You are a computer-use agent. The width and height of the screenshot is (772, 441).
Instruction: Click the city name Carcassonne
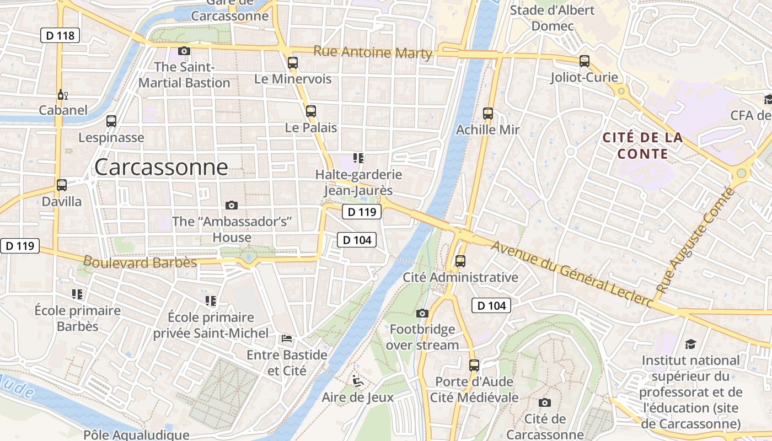click(161, 167)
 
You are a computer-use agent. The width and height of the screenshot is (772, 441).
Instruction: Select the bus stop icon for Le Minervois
click(293, 63)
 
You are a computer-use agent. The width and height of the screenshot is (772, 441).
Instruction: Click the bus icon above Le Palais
click(311, 111)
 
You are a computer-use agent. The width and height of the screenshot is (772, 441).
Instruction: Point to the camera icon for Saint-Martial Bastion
click(184, 51)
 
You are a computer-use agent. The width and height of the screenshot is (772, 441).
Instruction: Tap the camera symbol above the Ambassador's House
click(232, 206)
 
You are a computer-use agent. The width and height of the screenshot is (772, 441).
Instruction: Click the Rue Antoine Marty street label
click(373, 52)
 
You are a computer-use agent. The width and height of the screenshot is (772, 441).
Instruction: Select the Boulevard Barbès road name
click(140, 261)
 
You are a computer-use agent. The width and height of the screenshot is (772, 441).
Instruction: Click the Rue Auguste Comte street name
click(696, 240)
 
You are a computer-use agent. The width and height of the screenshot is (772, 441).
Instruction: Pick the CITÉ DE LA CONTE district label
click(643, 146)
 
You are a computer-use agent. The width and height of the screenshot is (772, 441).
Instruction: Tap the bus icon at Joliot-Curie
click(585, 61)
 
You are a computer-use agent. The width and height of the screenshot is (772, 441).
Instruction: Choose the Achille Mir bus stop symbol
click(488, 114)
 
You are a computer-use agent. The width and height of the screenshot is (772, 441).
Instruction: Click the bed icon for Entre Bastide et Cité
click(287, 338)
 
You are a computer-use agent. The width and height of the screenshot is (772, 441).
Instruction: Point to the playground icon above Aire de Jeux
click(358, 380)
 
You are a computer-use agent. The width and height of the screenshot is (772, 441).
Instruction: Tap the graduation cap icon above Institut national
click(691, 345)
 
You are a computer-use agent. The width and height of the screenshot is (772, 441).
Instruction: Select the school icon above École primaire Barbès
click(77, 294)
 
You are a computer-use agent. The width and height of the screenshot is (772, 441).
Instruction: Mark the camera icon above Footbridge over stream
click(422, 314)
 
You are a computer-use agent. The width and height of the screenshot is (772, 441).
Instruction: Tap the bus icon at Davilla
click(62, 185)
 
